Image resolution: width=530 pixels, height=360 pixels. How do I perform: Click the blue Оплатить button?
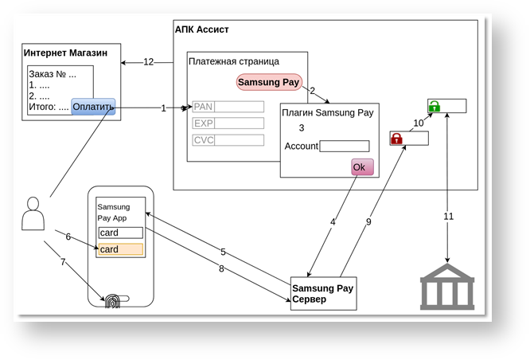(x=93, y=107)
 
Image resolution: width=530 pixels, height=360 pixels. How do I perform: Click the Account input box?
(x=344, y=146)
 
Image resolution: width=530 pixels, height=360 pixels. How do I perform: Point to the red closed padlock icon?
(x=396, y=139)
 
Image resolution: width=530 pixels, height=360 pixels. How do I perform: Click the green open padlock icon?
(x=435, y=106)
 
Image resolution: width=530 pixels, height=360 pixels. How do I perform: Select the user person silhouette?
(x=33, y=213)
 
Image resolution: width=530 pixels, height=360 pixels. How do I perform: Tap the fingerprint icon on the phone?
(x=112, y=302)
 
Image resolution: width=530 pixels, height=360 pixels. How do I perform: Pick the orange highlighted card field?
(x=120, y=249)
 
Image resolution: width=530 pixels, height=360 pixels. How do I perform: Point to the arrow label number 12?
(x=148, y=62)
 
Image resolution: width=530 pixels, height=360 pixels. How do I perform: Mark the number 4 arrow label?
(x=333, y=221)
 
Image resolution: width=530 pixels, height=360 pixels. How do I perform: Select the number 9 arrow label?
(x=368, y=222)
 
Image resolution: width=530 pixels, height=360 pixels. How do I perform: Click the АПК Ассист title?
(x=201, y=29)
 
